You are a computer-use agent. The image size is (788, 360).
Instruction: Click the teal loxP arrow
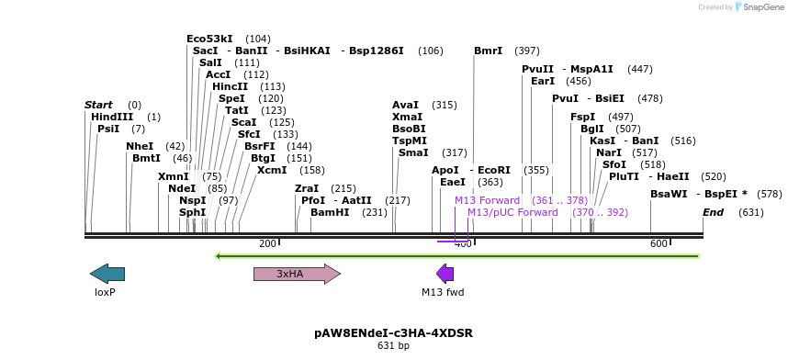point(107,274)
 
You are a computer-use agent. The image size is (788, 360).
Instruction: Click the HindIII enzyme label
point(112,117)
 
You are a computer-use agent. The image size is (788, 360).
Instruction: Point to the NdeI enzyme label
point(182,188)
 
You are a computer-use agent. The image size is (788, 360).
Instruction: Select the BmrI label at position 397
point(488,51)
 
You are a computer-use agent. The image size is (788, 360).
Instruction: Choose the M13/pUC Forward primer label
point(512,212)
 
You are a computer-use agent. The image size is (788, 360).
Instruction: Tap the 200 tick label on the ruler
point(267,243)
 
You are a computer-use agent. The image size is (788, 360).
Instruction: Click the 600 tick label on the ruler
point(659,243)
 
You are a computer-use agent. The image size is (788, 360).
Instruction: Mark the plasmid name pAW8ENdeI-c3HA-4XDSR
point(393,332)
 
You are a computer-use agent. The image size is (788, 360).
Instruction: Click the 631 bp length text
point(393,346)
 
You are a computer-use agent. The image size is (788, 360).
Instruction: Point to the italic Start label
point(98,105)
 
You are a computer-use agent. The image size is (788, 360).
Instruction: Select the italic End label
point(713,212)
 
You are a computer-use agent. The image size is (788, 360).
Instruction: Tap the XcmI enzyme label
point(272,170)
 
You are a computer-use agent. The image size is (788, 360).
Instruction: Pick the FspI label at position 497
point(582,117)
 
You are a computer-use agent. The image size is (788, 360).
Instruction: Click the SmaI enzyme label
point(413,152)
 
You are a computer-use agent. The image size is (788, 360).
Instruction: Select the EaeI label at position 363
point(453,182)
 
